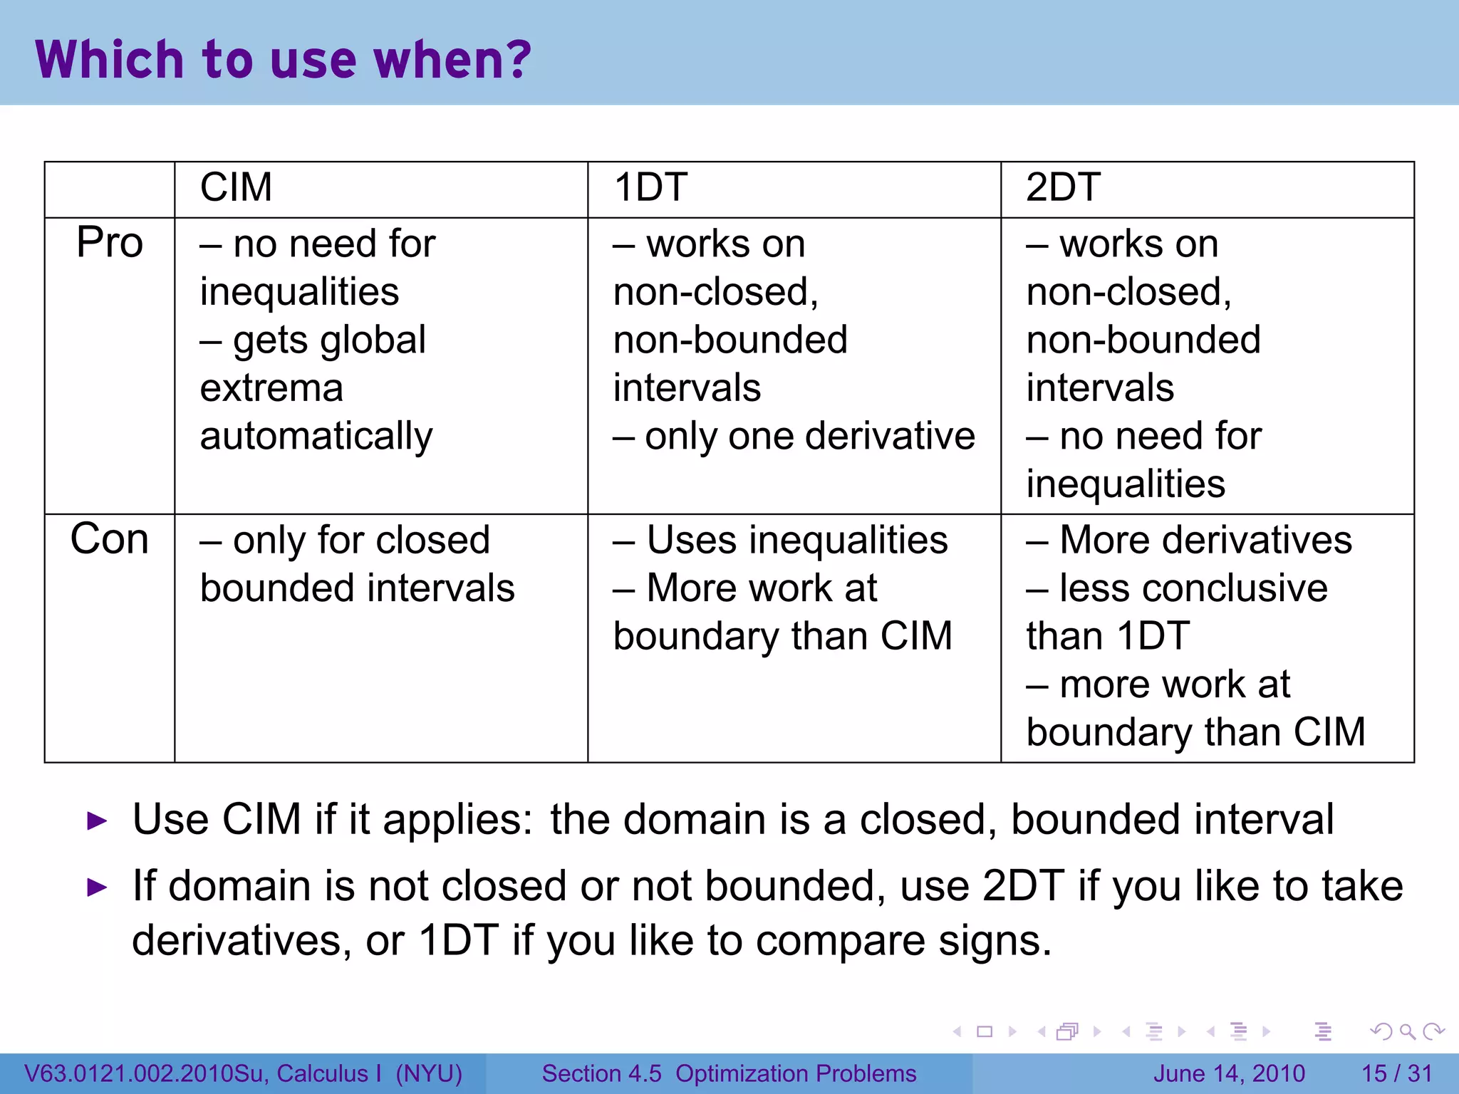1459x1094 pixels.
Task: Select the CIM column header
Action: pyautogui.click(x=236, y=188)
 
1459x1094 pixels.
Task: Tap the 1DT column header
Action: pyautogui.click(x=650, y=188)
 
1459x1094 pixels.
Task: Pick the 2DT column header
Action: pyautogui.click(x=1063, y=188)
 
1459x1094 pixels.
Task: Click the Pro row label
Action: pyautogui.click(x=110, y=243)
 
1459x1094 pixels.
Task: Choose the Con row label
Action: pyautogui.click(x=110, y=539)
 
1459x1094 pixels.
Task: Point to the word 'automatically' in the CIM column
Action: pyautogui.click(x=316, y=436)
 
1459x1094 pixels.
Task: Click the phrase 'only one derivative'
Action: pyautogui.click(x=809, y=436)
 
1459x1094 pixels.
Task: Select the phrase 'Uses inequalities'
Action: pyautogui.click(x=797, y=540)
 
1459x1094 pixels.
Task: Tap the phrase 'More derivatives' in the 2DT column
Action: pyautogui.click(x=1205, y=540)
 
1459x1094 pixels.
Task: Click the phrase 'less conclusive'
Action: pyautogui.click(x=1193, y=588)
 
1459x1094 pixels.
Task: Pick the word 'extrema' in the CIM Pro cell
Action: pyautogui.click(x=271, y=388)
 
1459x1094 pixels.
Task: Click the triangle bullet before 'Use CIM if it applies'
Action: pyautogui.click(x=96, y=821)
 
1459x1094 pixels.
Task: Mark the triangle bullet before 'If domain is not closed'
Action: pyautogui.click(x=96, y=887)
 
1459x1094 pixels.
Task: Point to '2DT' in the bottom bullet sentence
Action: pyautogui.click(x=1023, y=887)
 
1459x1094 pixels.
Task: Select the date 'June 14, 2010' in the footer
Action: pyautogui.click(x=1229, y=1073)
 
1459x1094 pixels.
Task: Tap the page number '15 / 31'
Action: pyautogui.click(x=1396, y=1073)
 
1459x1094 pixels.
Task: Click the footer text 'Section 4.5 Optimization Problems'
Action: pyautogui.click(x=729, y=1073)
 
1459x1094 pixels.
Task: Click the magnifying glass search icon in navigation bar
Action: pyautogui.click(x=1407, y=1031)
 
